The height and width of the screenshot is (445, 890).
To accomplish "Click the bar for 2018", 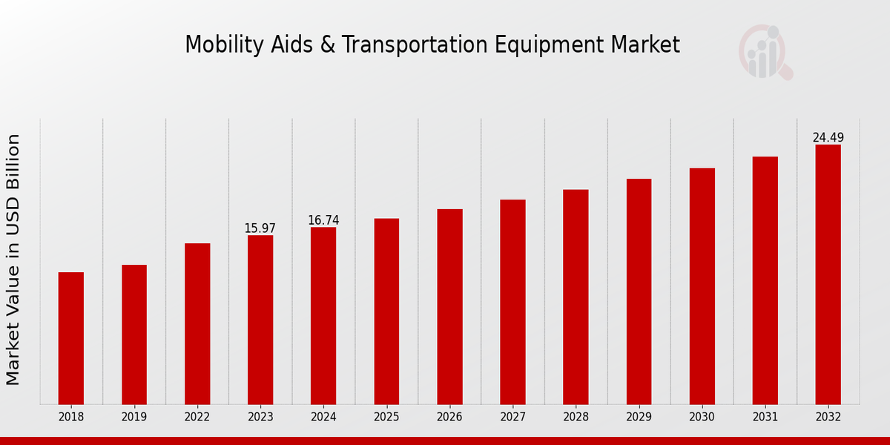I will tap(71, 338).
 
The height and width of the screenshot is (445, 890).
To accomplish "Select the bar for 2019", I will tap(134, 334).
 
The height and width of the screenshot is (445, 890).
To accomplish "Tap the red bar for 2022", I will tap(197, 324).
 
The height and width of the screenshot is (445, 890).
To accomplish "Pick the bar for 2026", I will tap(449, 307).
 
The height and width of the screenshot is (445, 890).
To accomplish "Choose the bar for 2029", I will tap(639, 291).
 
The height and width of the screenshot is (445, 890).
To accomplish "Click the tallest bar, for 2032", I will tap(828, 274).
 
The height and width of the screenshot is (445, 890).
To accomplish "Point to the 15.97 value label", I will tap(260, 228).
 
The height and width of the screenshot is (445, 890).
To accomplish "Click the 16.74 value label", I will tap(323, 220).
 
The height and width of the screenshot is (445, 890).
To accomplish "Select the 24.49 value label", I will tap(828, 138).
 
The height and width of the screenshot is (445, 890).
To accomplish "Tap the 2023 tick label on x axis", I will tap(260, 418).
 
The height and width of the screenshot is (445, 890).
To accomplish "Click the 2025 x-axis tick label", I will tap(386, 418).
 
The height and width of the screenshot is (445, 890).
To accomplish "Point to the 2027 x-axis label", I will tap(512, 418).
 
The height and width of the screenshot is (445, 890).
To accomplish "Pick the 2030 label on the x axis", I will tap(702, 418).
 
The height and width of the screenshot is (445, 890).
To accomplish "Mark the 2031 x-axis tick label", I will tap(765, 418).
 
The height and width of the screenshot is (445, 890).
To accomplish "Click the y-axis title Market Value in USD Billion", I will tap(13, 260).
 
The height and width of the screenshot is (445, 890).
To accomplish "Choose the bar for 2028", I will tap(576, 297).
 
